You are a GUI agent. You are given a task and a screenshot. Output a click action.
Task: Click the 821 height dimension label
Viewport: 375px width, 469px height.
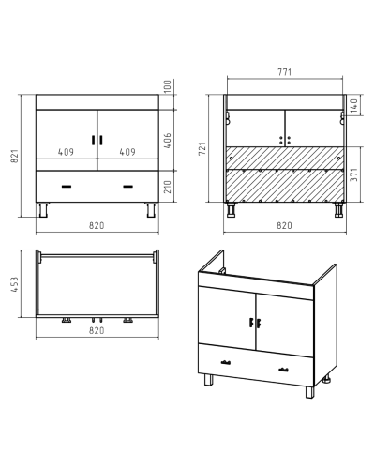click(x=15, y=156)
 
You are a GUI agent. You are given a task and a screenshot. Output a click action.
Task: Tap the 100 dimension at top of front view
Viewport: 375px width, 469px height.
click(x=168, y=86)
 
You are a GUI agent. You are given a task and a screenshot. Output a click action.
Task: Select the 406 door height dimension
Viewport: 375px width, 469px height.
click(x=168, y=141)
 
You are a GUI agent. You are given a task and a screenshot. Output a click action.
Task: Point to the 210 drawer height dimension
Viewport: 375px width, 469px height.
click(x=168, y=187)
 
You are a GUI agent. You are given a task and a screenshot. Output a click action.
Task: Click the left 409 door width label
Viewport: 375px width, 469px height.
click(x=66, y=152)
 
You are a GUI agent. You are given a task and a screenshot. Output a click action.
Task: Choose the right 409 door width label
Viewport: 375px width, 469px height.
click(x=127, y=152)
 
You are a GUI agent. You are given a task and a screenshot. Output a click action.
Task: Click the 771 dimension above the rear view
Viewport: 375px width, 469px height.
click(x=285, y=72)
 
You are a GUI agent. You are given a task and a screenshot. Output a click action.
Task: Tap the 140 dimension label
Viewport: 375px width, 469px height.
click(x=354, y=106)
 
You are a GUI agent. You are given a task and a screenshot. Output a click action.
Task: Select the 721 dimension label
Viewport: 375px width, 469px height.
click(x=202, y=148)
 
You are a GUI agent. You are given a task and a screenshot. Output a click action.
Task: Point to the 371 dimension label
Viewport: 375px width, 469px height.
click(x=354, y=174)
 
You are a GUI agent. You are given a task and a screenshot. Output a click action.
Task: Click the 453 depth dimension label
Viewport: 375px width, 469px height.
click(x=15, y=284)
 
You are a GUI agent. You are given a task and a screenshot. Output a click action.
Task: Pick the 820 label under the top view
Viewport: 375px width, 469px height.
click(x=97, y=330)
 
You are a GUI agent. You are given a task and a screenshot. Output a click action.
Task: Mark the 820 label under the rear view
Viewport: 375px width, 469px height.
click(x=284, y=225)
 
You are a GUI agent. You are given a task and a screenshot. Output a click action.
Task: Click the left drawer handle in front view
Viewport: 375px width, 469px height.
click(x=67, y=187)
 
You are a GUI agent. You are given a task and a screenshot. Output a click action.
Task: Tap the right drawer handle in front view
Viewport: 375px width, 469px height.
click(x=127, y=187)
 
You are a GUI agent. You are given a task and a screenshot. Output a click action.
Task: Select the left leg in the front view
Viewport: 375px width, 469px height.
click(x=43, y=210)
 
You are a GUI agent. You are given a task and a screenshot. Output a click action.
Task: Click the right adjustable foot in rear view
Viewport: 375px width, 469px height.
click(x=338, y=210)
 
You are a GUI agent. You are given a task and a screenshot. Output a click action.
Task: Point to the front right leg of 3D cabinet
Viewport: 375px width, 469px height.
click(x=310, y=392)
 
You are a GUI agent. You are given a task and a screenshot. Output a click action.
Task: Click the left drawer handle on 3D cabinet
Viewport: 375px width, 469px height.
click(x=226, y=363)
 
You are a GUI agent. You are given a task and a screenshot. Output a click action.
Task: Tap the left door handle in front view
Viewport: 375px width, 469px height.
click(x=93, y=140)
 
